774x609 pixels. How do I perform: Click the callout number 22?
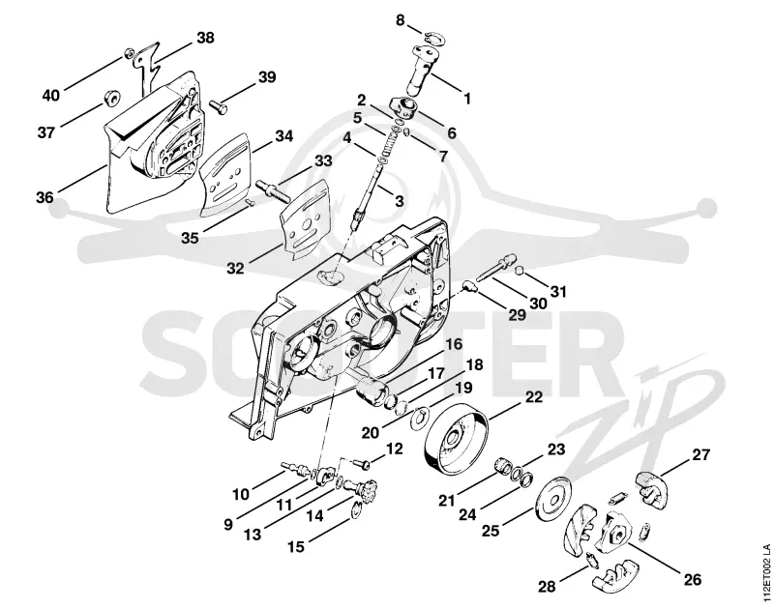[x=534, y=397]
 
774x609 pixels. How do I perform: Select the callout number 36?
[x=45, y=197]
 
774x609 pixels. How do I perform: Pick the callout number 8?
[x=400, y=20]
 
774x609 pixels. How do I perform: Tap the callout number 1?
[x=466, y=99]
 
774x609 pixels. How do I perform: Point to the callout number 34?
[x=283, y=135]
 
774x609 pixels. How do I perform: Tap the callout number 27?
[x=700, y=454]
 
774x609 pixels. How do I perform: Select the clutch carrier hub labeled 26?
[x=614, y=531]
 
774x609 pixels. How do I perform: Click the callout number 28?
[x=547, y=587]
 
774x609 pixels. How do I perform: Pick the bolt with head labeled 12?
[x=363, y=464]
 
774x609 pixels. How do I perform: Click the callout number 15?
[x=296, y=546]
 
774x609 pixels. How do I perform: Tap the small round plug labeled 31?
[x=519, y=270]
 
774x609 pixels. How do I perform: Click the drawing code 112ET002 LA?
[x=765, y=572]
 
